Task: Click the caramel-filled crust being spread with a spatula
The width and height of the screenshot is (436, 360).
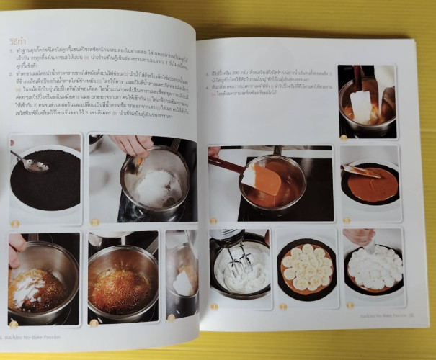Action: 371,185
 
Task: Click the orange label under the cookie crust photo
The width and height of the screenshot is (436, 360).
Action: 15,224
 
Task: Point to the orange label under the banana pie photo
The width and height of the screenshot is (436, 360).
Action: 282,306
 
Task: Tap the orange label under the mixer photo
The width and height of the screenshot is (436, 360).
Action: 215,307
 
